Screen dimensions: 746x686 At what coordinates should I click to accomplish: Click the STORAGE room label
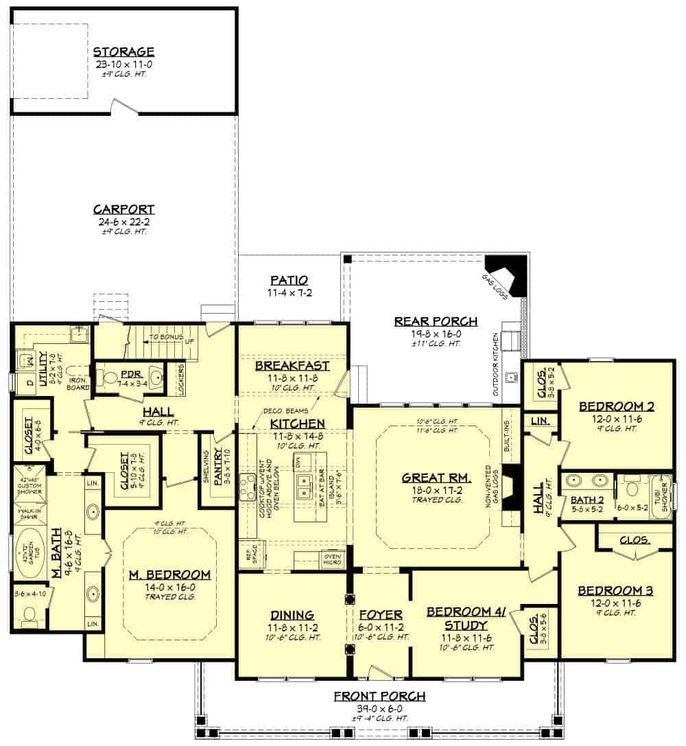[123, 52]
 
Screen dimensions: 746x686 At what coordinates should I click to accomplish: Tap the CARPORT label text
[123, 210]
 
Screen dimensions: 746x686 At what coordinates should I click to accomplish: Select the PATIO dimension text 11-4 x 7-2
[289, 292]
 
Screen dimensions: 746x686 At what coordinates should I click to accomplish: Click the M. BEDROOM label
[169, 574]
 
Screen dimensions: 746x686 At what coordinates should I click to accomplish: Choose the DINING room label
[292, 615]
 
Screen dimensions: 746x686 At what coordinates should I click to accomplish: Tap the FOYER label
[380, 615]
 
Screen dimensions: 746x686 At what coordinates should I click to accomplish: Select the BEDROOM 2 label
[616, 406]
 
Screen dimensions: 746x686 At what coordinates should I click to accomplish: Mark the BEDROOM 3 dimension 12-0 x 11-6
[615, 602]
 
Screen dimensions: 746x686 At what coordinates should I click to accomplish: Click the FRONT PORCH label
[379, 696]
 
